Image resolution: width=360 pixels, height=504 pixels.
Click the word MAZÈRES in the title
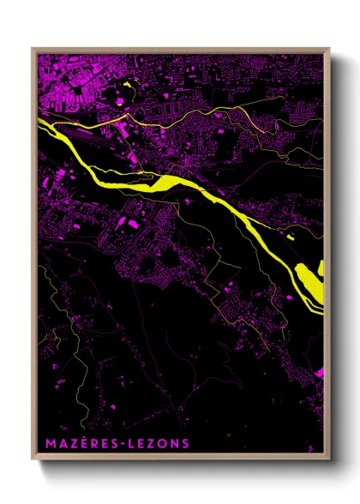coord(72,444)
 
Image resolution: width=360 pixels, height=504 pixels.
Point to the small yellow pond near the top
coord(130,86)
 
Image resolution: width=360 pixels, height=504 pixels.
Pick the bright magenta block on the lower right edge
coord(320,373)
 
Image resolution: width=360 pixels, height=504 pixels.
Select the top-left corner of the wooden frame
coord(33,49)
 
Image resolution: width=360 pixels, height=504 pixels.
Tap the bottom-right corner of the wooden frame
coord(328,457)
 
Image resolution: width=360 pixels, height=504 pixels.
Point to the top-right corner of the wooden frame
coord(328,49)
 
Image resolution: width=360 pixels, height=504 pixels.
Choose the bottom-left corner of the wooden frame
coord(33,457)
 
